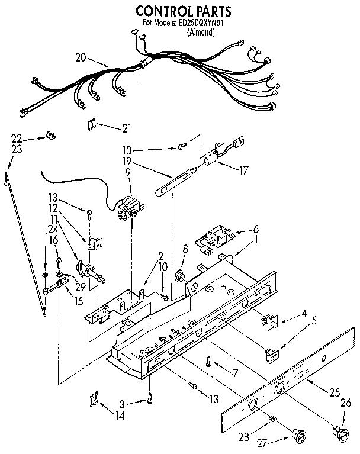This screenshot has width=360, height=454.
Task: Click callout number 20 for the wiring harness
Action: coord(82,57)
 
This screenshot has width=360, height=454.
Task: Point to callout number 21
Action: coord(126,127)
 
